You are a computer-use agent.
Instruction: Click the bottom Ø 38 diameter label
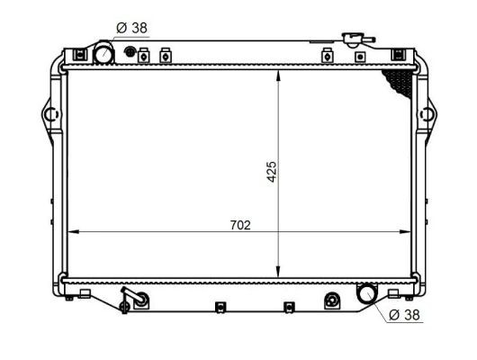click(404, 315)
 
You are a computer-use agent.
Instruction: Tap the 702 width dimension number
click(239, 224)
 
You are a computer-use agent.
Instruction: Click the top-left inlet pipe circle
click(103, 54)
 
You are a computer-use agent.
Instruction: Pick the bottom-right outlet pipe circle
click(366, 292)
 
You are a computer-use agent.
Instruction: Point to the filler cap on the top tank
click(350, 40)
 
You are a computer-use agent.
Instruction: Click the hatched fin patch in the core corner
click(400, 84)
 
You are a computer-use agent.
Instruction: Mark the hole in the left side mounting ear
click(49, 115)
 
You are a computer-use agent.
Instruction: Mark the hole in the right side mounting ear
click(430, 115)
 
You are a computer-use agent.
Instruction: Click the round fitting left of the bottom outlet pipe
click(332, 300)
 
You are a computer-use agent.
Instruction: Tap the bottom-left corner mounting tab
click(83, 293)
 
